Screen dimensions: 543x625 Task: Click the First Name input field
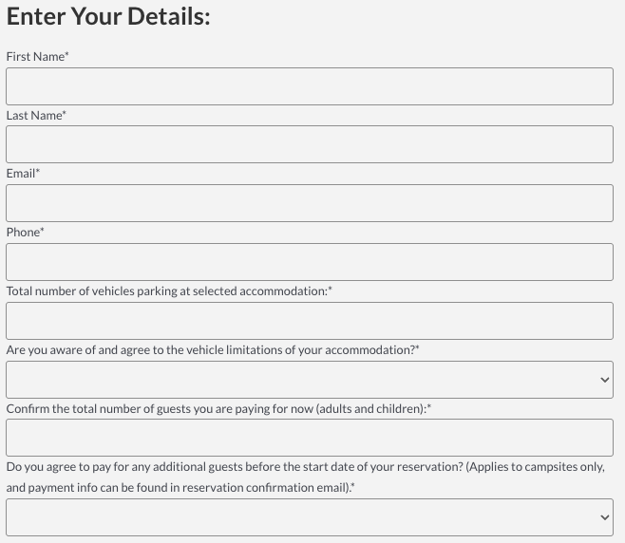tap(310, 86)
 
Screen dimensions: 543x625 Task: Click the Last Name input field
tap(310, 144)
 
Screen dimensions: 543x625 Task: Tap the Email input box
tap(310, 203)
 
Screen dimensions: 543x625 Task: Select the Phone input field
tap(310, 262)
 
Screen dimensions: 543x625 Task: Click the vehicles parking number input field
tap(310, 321)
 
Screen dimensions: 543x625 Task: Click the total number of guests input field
tap(310, 438)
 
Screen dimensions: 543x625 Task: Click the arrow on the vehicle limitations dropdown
tap(605, 380)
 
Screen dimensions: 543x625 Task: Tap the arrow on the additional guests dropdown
tap(605, 517)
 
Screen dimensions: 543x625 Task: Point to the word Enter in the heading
tap(35, 17)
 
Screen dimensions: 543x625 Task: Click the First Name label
tap(37, 57)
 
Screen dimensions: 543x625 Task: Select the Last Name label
tap(36, 116)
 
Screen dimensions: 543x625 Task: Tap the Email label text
tap(23, 174)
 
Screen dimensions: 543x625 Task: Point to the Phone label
tap(25, 233)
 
